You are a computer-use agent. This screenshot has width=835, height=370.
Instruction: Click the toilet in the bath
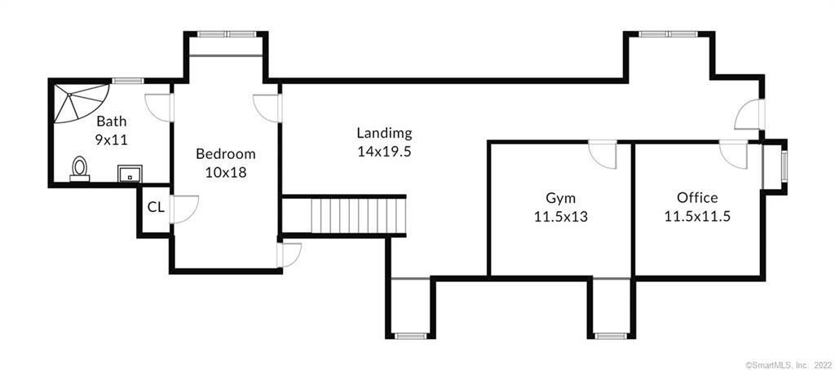coord(80,168)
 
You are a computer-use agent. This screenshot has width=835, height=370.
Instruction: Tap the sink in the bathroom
coord(130,173)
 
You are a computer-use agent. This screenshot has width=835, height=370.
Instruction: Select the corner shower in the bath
coord(80,103)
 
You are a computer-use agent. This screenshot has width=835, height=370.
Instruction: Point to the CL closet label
coord(156,208)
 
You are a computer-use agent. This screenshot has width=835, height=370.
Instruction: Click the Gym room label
coord(561,198)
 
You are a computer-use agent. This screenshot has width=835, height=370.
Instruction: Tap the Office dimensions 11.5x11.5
coord(697,217)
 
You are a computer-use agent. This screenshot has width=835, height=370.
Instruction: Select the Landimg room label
coord(385,133)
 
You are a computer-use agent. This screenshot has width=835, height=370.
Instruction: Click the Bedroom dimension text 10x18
coord(226,173)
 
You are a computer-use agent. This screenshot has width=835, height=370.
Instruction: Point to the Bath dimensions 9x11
coord(112,140)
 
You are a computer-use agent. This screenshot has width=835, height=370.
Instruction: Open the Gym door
coord(603,154)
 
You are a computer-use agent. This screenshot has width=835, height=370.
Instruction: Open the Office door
coord(733,154)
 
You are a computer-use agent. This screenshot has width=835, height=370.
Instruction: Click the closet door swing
coord(183,209)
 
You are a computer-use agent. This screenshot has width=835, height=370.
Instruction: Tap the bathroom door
coord(159,108)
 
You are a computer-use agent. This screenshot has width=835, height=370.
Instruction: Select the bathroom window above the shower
coord(128,81)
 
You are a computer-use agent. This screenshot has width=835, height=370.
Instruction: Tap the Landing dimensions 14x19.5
coord(385,152)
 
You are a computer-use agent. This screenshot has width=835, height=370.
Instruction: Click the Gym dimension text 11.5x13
coord(561,217)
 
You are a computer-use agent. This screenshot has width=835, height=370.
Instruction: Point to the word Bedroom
coord(226,154)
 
